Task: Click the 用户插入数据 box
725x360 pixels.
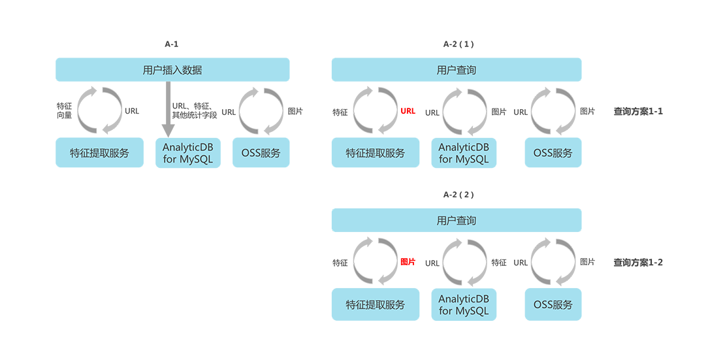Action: (172, 70)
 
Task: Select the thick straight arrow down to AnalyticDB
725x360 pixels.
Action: (168, 109)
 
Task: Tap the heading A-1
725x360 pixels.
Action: (172, 44)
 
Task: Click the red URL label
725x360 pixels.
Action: (408, 111)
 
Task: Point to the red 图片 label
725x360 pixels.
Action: (408, 262)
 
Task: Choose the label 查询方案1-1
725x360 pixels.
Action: (638, 112)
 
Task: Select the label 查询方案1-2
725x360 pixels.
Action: (638, 263)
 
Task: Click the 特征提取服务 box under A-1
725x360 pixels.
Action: (99, 153)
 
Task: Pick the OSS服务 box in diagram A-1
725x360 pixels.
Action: (261, 153)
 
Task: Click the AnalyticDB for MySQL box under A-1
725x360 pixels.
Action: (187, 153)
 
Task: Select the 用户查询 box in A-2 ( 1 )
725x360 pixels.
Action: (457, 70)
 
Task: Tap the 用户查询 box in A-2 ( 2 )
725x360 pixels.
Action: (457, 220)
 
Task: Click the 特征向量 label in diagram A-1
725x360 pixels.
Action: (64, 111)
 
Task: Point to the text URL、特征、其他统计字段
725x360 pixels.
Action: (194, 111)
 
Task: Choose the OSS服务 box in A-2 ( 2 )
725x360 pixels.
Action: (553, 304)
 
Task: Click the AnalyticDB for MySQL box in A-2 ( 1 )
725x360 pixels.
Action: (464, 153)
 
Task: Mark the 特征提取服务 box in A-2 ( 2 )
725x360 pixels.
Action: (376, 304)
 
